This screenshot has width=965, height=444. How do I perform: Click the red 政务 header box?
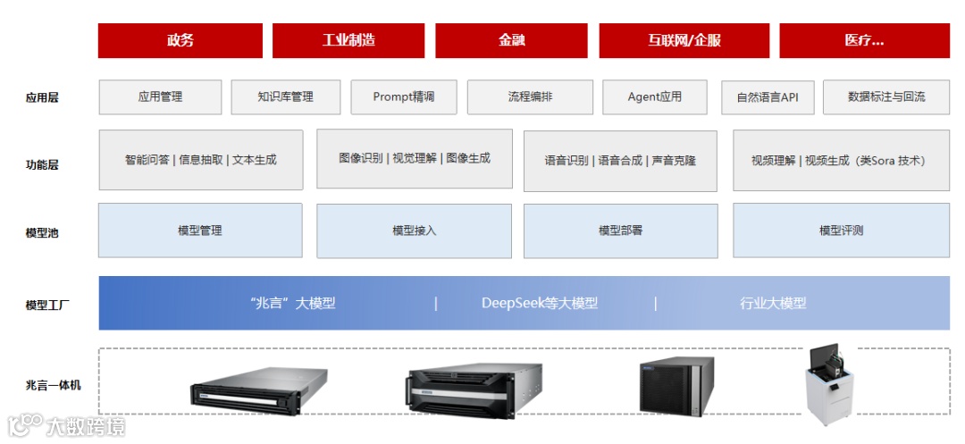180,40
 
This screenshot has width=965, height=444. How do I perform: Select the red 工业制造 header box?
348,40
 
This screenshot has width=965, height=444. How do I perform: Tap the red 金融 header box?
512,40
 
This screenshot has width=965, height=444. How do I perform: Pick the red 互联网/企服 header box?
684,40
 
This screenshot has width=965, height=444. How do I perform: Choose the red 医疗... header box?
864,40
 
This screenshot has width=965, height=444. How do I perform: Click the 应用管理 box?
160,96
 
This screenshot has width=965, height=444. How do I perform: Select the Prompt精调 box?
403,96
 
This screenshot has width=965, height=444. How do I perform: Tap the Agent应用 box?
654,96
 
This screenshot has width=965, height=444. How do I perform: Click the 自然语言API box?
768,97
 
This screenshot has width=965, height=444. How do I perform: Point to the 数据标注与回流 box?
886,96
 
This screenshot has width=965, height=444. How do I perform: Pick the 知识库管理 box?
285,96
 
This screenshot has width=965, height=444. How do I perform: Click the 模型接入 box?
414,230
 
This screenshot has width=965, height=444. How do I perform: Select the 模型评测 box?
841,230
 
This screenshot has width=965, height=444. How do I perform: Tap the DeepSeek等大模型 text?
540,303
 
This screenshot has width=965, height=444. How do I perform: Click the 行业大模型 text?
773,303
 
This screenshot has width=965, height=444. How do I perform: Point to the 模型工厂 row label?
48,305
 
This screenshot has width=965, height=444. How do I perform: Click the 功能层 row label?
42,164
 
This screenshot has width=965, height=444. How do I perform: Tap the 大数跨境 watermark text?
86,426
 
